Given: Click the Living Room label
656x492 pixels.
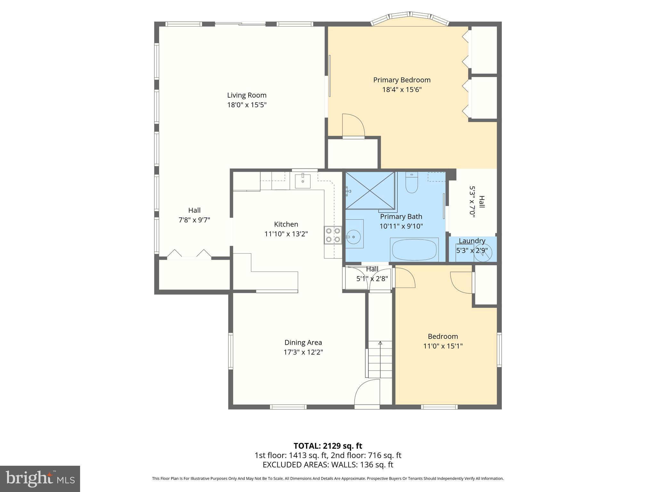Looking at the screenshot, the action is click(247, 95).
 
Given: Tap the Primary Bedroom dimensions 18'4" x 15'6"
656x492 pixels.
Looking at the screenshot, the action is click(402, 89).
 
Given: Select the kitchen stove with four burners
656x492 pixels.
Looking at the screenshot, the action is click(333, 235).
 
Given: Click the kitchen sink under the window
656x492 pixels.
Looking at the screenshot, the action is click(303, 181).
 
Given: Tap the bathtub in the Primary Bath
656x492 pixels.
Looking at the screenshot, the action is click(414, 250).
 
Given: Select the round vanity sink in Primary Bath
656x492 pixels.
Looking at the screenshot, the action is click(353, 237).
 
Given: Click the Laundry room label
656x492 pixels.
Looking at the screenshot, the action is click(472, 241).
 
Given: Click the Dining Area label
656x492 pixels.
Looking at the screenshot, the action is click(303, 342).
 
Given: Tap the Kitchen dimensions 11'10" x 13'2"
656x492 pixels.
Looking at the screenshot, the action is click(286, 234).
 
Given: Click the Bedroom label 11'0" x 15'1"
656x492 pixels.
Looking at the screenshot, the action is click(443, 341).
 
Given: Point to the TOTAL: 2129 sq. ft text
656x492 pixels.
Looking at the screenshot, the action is click(328, 446).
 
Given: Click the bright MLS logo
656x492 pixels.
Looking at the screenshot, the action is click(40, 479).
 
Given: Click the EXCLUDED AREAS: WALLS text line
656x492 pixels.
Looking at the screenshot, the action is click(328, 464).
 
